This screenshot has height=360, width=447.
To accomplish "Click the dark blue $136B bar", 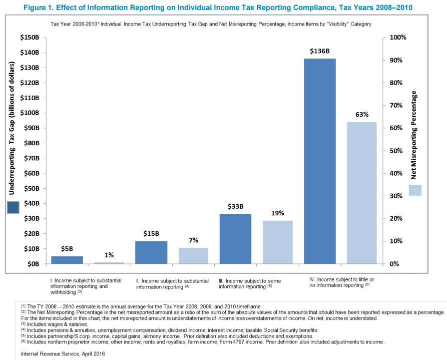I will pos(320,161).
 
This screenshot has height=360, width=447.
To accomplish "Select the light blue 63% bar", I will pos(361,193).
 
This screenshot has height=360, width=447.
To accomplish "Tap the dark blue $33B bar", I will pos(235,238).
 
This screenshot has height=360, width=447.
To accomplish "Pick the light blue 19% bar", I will pos(277,242).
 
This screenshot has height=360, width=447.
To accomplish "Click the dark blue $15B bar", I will pos(151,252).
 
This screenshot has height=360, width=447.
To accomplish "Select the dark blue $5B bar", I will pos(67,259).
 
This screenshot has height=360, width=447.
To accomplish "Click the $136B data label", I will pos(320,51).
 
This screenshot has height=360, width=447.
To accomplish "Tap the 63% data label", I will pos(362,115).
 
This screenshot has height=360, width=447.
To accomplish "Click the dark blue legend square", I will pos(13,207).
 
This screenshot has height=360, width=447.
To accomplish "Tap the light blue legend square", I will pos(415,190).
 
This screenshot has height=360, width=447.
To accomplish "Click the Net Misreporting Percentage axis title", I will pos(414,135).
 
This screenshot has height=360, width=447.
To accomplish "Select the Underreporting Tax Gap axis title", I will pos(12,128).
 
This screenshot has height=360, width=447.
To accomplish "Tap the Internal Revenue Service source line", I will pos(63,353).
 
